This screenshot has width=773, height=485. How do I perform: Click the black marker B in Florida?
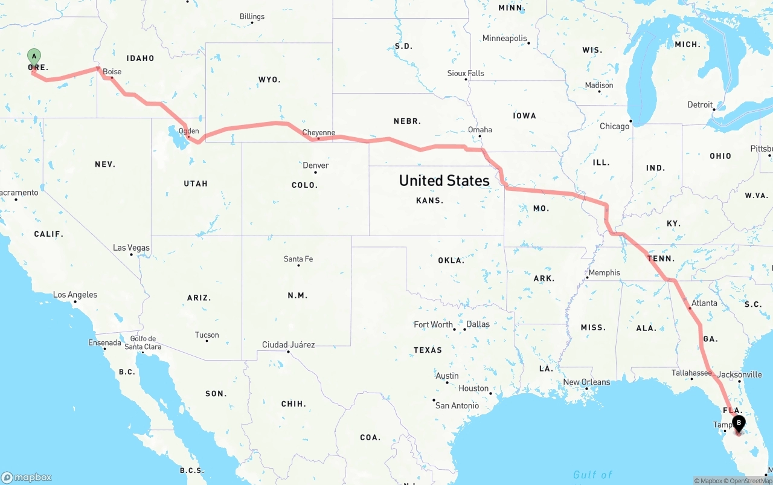738,423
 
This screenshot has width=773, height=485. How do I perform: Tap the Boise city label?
112,71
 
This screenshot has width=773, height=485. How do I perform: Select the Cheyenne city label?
318,133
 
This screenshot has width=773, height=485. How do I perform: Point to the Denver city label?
316,165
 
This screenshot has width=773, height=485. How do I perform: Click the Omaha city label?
480,130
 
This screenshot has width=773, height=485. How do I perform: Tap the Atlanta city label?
704,303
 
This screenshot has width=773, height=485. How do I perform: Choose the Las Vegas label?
131,248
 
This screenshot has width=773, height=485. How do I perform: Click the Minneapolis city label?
505,39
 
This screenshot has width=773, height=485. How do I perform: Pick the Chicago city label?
614,126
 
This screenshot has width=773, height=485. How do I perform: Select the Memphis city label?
604,272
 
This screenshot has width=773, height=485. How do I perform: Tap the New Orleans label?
586,382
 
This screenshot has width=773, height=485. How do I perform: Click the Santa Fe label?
298,259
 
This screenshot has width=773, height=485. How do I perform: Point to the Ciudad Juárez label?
288,345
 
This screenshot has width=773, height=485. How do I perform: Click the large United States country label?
444,180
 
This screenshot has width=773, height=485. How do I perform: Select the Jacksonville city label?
740,374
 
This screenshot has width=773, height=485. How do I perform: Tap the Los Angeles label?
75,295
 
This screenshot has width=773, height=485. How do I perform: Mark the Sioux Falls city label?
466,73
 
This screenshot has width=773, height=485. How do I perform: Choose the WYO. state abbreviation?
269,80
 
